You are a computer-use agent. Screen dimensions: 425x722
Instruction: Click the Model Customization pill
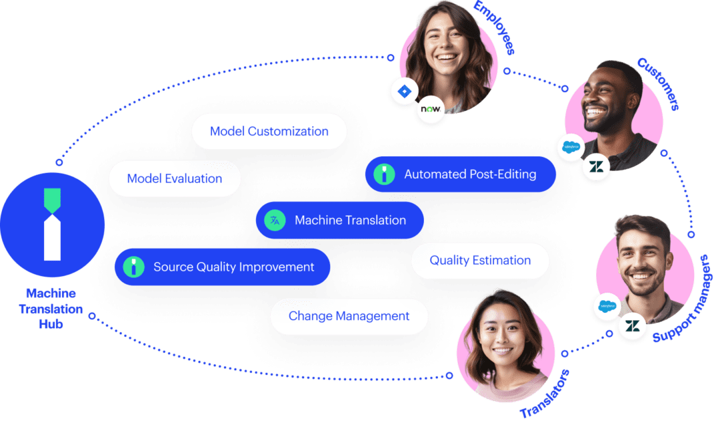coord(269,132)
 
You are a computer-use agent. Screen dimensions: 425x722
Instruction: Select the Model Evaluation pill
coord(174,178)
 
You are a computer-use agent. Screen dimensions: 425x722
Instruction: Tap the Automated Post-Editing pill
coord(461,174)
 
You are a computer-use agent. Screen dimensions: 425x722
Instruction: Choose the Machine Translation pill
coord(340,220)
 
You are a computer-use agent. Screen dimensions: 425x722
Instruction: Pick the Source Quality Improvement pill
coord(223,267)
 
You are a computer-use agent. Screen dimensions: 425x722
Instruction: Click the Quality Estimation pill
coord(480,260)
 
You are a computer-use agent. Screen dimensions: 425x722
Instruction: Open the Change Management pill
coord(349,316)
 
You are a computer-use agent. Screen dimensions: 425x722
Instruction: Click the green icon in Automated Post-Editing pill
coord(384,174)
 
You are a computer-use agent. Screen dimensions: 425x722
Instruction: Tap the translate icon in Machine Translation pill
coord(275,220)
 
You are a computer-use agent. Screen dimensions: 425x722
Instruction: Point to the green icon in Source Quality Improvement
coord(134,267)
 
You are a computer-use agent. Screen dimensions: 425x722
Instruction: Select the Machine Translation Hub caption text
coord(51,309)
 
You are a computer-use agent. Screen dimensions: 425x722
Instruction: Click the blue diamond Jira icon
coord(403,92)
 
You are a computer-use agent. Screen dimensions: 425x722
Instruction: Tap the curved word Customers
coord(658,84)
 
